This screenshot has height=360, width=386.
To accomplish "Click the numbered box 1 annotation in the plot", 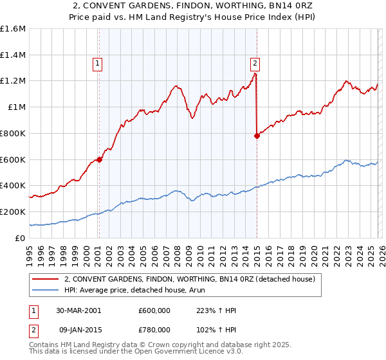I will (97, 63).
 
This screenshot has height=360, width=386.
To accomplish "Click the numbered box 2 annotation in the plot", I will (255, 63).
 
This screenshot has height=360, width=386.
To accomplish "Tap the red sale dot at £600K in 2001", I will (100, 159).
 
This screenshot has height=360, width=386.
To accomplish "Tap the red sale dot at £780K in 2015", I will (257, 136).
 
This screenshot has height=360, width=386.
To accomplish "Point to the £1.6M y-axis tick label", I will (13, 29).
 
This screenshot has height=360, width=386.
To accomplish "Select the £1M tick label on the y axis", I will (16, 107).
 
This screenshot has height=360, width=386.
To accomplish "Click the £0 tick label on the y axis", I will (19, 238).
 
